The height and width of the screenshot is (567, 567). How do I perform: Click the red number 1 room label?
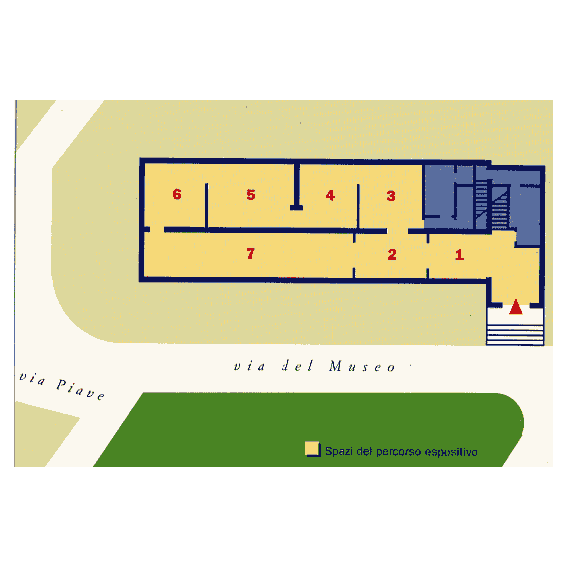pos(459,254)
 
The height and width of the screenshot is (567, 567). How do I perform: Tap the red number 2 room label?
pos(392,254)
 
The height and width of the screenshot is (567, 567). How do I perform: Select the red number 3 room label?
pos(391,196)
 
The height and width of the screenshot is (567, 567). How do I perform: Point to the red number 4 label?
pos(330,195)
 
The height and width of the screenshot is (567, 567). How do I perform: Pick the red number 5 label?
pos(251,195)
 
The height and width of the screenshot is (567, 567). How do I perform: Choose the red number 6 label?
pos(177,194)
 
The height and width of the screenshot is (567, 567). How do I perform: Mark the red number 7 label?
pos(250,253)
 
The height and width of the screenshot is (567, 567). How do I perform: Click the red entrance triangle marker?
pos(516,307)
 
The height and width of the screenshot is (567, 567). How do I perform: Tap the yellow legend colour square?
pos(312,449)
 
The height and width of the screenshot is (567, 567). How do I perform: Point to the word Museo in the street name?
pos(362,366)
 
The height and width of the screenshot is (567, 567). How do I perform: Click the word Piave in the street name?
pos(80,389)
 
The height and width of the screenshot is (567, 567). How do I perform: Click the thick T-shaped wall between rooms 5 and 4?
pos(296,186)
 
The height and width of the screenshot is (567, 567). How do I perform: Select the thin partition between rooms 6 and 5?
pos(206,206)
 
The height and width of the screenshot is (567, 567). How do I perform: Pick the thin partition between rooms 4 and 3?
pos(358,206)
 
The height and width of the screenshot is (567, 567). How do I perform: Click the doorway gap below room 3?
pos(397,231)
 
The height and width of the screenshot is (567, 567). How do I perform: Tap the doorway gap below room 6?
pos(157,230)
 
